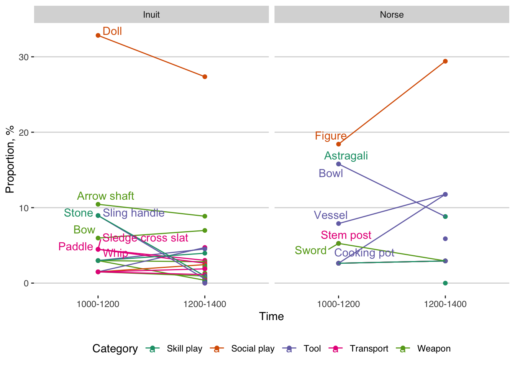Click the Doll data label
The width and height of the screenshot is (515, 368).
click(112, 31)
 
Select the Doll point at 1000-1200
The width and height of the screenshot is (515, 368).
click(98, 35)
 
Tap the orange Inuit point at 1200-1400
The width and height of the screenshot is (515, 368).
click(205, 77)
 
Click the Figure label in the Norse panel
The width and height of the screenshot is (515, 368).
click(331, 136)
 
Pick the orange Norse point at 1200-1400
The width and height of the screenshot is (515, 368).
click(445, 61)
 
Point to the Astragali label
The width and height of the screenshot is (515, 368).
click(346, 156)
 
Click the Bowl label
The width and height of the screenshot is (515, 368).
click(331, 174)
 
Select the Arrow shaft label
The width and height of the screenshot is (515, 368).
click(105, 196)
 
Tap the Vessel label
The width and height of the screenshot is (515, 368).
click(331, 215)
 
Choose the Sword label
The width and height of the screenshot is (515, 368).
click(310, 251)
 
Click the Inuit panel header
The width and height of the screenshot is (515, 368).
click(151, 15)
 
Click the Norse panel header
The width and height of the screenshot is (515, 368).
click(392, 15)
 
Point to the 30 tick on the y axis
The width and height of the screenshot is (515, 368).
click(24, 57)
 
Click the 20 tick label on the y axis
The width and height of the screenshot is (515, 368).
click(24, 133)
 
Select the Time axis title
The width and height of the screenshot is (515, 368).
click(271, 317)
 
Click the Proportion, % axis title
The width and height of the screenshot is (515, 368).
click(10, 159)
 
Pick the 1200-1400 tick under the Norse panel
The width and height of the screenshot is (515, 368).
click(445, 304)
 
